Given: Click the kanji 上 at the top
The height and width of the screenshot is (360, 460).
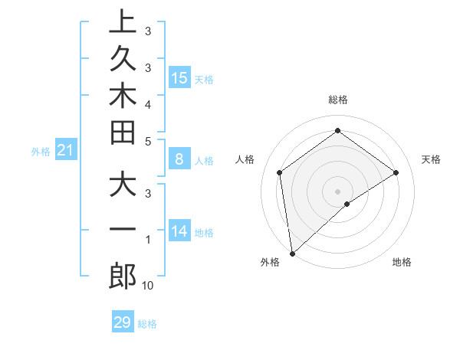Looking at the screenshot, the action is [123, 23].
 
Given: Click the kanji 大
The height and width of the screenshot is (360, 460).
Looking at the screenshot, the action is [123, 186].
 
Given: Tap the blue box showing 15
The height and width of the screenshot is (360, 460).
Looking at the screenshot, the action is [179, 77].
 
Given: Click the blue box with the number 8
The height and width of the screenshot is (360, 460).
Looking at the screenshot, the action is [179, 159].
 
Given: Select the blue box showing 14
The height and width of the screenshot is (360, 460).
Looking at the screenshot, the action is [179, 231].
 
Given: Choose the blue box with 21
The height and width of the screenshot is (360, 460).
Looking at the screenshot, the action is [66, 151].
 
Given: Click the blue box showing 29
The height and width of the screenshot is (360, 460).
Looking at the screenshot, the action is [123, 322].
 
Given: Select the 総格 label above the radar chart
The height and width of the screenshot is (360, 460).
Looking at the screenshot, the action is [338, 100].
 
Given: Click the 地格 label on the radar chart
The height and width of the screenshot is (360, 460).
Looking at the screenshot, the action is [402, 262].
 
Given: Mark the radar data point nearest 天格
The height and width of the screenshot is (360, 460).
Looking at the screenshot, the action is [396, 172].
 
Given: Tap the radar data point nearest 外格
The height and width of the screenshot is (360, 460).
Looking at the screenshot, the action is [292, 254].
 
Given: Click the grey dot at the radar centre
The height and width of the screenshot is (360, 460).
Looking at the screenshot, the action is [338, 191].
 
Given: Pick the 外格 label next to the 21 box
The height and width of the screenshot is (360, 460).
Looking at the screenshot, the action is [41, 152].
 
